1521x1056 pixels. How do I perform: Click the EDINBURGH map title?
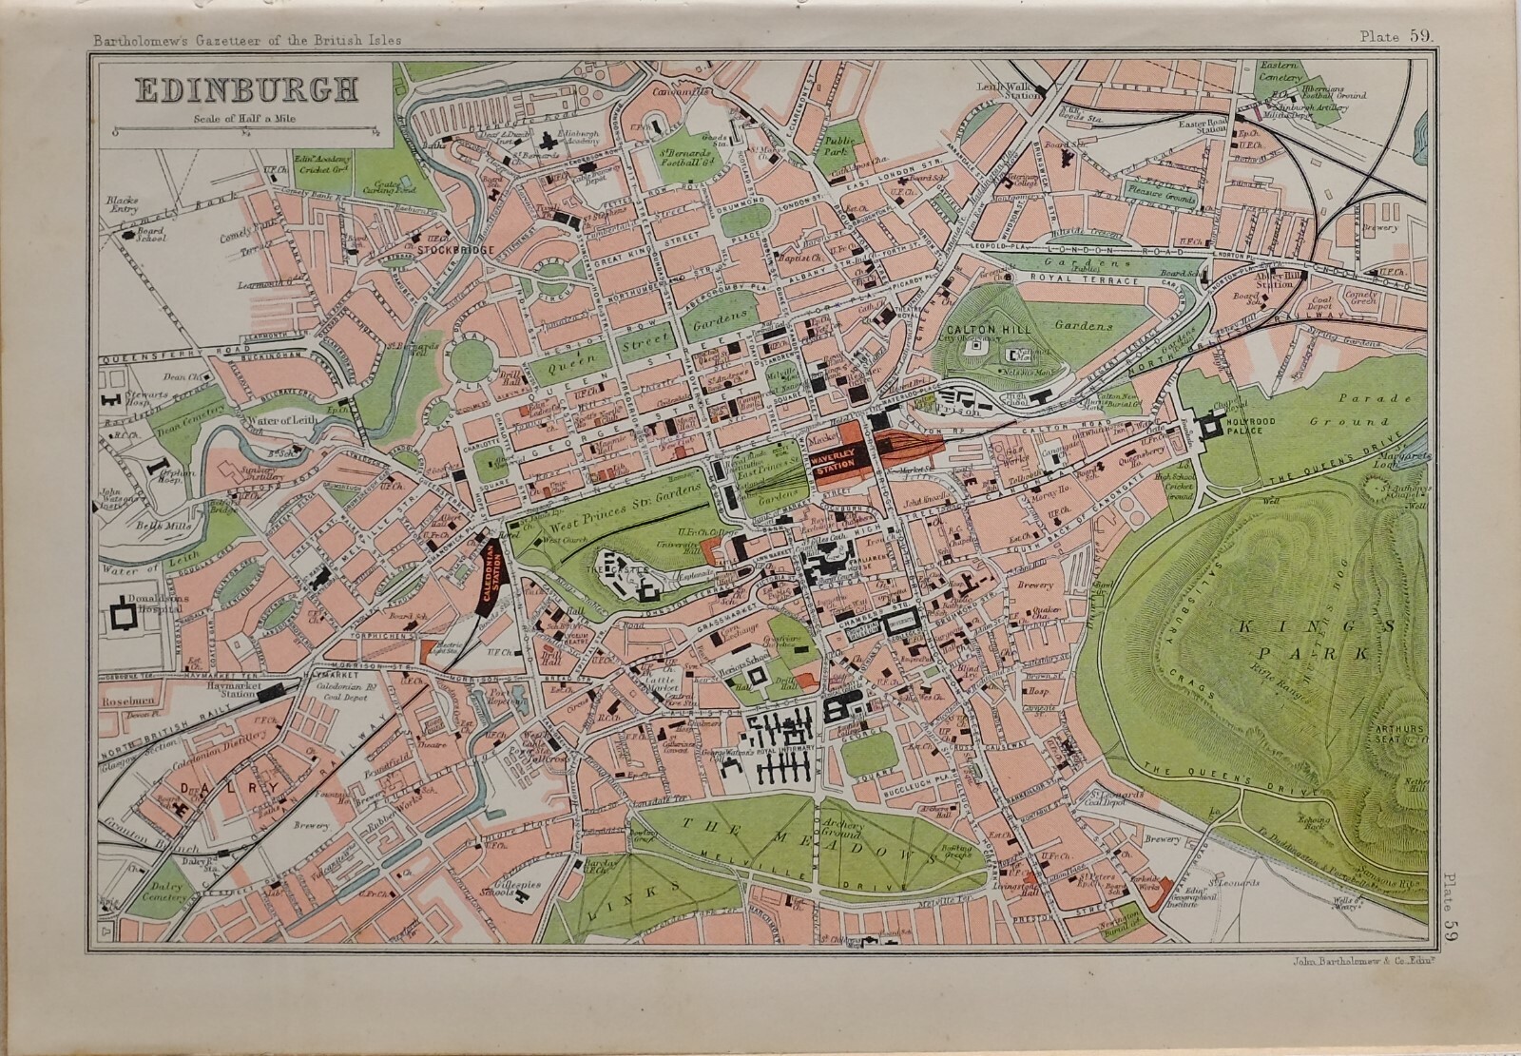[x=246, y=90]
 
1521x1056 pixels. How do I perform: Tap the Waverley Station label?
[x=839, y=456]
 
